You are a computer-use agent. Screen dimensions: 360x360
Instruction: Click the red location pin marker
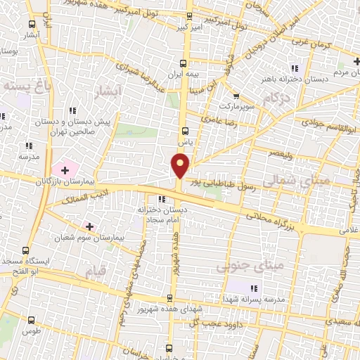point(181,165)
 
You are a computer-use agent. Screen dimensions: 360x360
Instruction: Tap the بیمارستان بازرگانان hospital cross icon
point(65,169)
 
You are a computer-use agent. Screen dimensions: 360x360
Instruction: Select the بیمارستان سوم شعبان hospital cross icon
point(89,226)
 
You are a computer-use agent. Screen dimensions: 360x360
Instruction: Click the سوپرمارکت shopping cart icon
point(236,96)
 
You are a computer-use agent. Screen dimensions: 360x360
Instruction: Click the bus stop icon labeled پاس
point(185,131)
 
